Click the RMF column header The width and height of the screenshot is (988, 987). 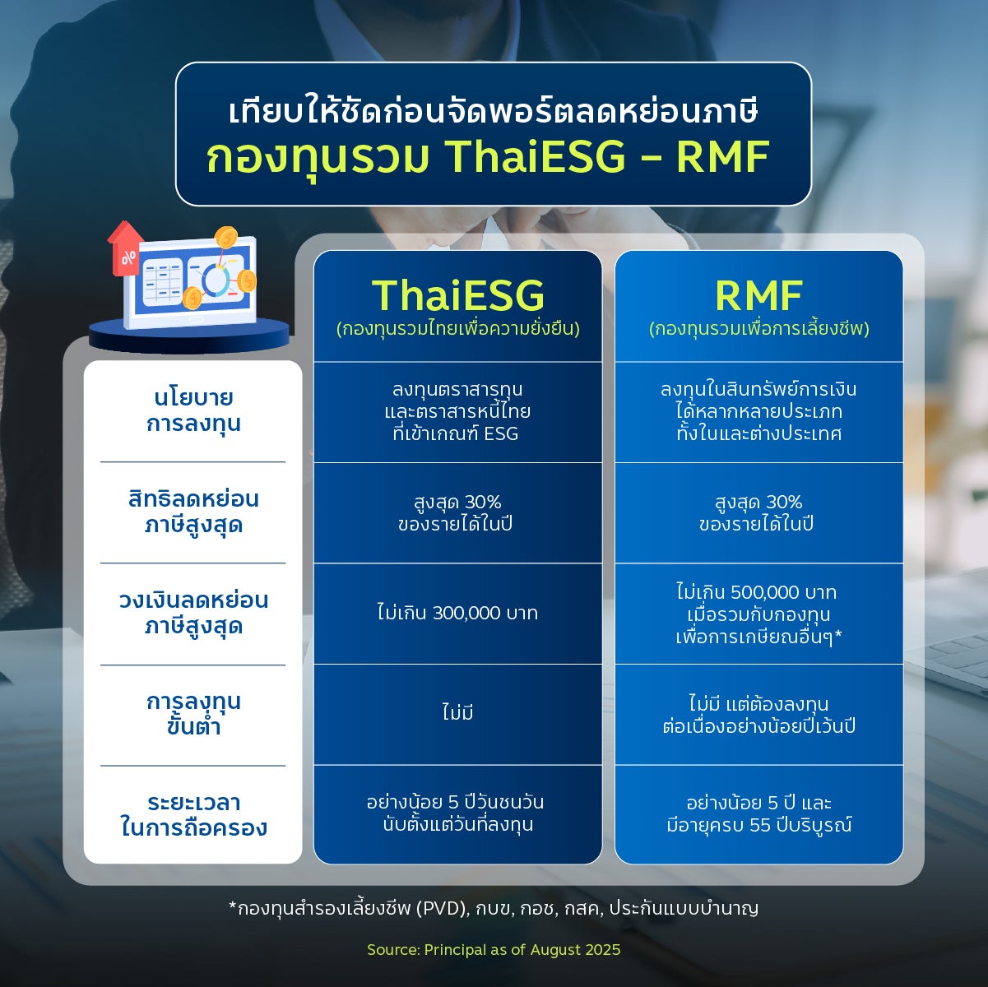pyautogui.click(x=758, y=295)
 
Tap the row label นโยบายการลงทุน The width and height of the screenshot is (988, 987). pyautogui.click(x=193, y=410)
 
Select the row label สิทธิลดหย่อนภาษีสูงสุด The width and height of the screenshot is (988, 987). pyautogui.click(x=193, y=512)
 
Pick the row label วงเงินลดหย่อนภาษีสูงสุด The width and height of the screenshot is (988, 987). pyautogui.click(x=193, y=614)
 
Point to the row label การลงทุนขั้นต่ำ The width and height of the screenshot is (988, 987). pyautogui.click(x=193, y=713)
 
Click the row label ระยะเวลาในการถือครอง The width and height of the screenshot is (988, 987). pyautogui.click(x=193, y=815)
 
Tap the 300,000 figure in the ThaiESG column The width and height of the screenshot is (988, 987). pyautogui.click(x=466, y=614)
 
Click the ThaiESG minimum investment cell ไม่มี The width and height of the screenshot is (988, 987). pyautogui.click(x=457, y=711)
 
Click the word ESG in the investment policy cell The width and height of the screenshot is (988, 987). pyautogui.click(x=501, y=434)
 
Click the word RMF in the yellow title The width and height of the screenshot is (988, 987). pyautogui.click(x=723, y=156)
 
